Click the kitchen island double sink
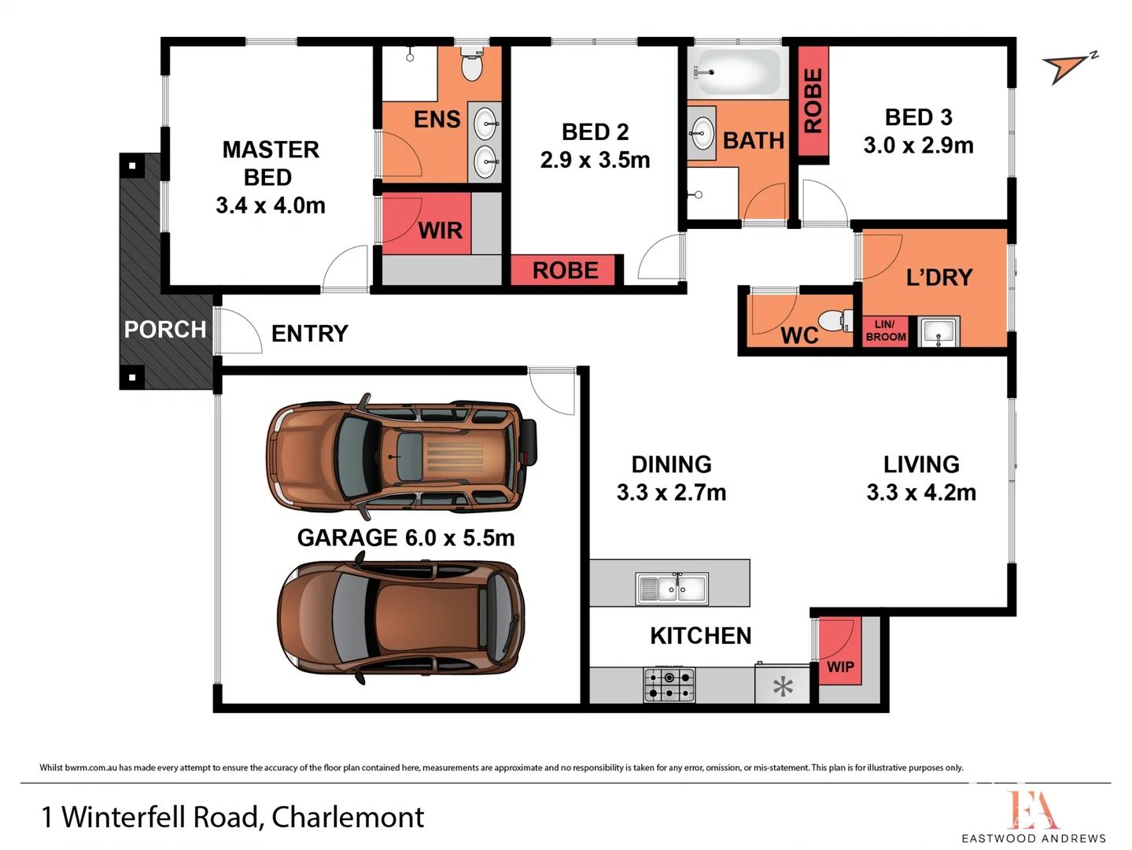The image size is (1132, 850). pos(672,588)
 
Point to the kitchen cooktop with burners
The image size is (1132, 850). pos(669,685)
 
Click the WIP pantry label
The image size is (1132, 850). pos(840,667)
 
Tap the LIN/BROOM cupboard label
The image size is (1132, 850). pos(885,331)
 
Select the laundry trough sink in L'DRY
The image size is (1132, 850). pos(938,331)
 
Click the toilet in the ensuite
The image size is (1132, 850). pos(471,66)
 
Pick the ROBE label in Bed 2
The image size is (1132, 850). pos(565,270)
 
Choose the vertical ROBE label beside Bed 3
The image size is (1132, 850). pos(813,100)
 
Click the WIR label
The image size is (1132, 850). pos(440,231)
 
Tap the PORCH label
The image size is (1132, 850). pos(165,329)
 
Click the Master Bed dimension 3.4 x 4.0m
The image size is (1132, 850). pos(270,205)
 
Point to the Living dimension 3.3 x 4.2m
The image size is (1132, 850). pos(921,493)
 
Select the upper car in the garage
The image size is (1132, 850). pos(400,456)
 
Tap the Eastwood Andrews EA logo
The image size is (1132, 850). pos(1032,810)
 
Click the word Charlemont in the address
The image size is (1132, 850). pos(348,817)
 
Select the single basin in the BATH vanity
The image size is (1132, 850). pos(701,133)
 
